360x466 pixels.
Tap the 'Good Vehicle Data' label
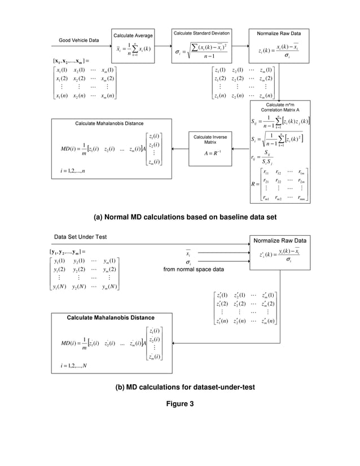pos(79,40)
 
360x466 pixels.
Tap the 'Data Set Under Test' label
pos(80,236)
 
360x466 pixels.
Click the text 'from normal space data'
pos(193,269)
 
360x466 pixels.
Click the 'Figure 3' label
pos(180,403)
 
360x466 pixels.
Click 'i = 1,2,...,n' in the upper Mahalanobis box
pos(74,170)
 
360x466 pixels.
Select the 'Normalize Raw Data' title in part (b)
pos(280,239)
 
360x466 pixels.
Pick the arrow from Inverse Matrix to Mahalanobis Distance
pos(180,149)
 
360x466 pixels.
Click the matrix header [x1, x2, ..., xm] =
pos(71,60)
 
